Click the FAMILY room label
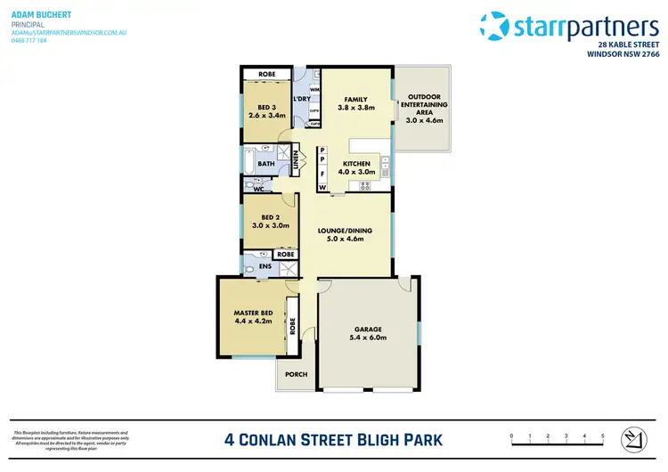355,99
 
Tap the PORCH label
297,374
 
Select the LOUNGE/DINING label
345,231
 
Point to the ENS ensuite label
265,264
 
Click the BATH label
266,164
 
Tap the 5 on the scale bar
603,435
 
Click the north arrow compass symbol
634,438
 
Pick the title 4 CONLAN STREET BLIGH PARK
334,439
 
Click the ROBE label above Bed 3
266,74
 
